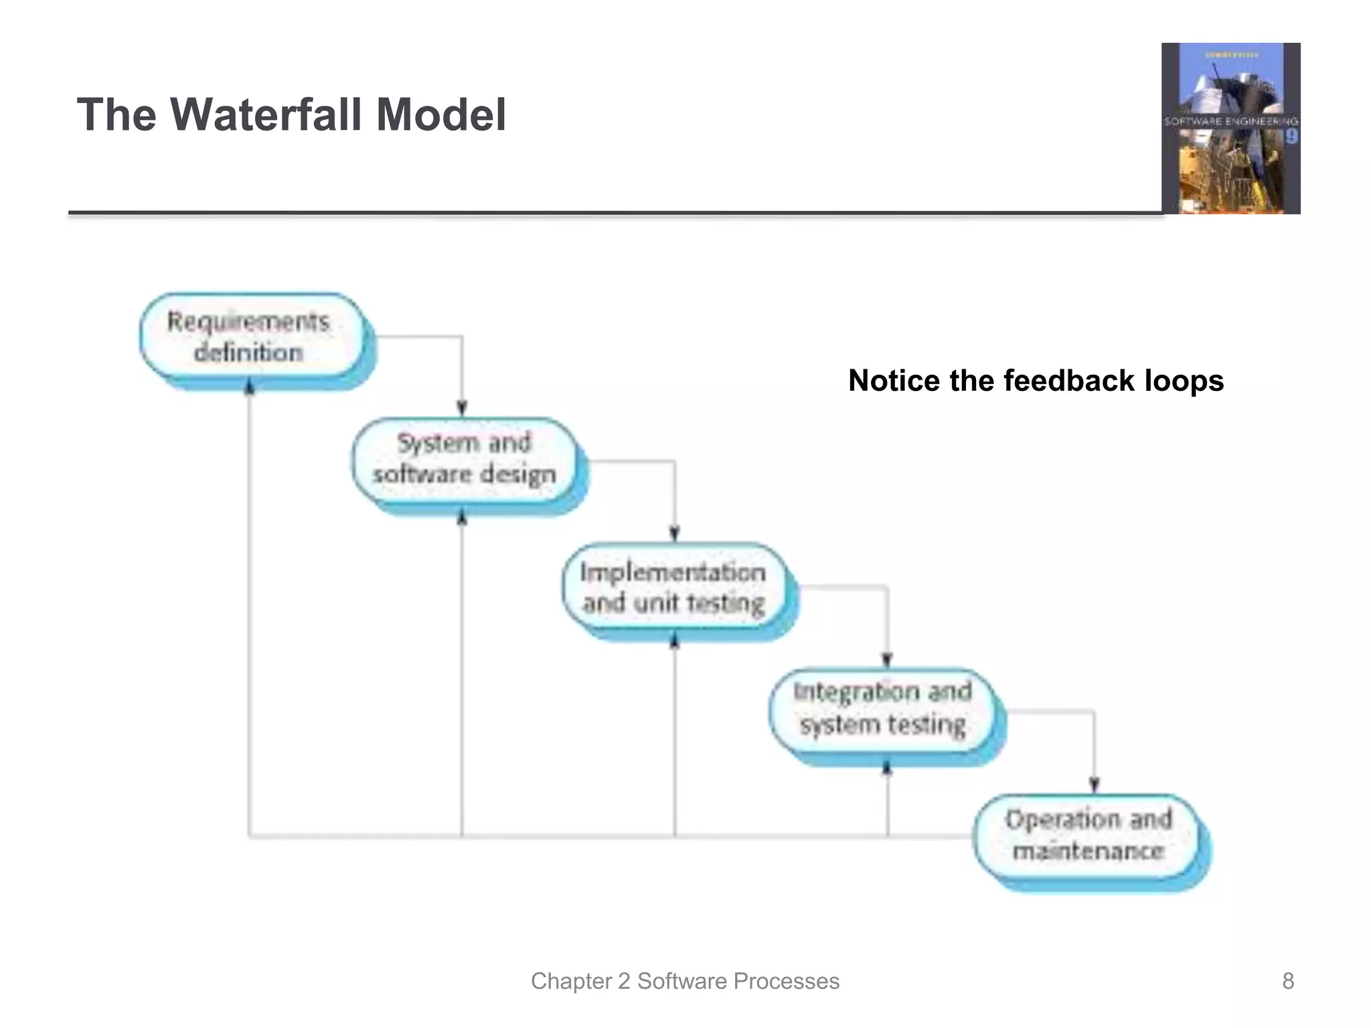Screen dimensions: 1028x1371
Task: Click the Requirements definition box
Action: (249, 337)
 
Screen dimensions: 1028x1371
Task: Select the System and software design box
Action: (464, 459)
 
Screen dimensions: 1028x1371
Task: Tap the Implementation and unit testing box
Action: (673, 588)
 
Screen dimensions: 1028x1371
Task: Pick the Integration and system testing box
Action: (883, 709)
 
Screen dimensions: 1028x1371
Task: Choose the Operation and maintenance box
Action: (1088, 836)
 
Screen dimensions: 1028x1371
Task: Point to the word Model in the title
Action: (441, 114)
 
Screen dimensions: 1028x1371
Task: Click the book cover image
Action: (1230, 128)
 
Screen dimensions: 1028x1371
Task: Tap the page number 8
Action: (1287, 981)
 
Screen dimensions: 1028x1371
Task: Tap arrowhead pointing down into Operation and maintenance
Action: (1095, 785)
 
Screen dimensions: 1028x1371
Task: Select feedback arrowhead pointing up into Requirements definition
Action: (249, 386)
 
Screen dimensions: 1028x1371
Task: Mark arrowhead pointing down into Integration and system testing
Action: (888, 660)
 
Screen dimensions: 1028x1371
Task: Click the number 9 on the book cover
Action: (1291, 137)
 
